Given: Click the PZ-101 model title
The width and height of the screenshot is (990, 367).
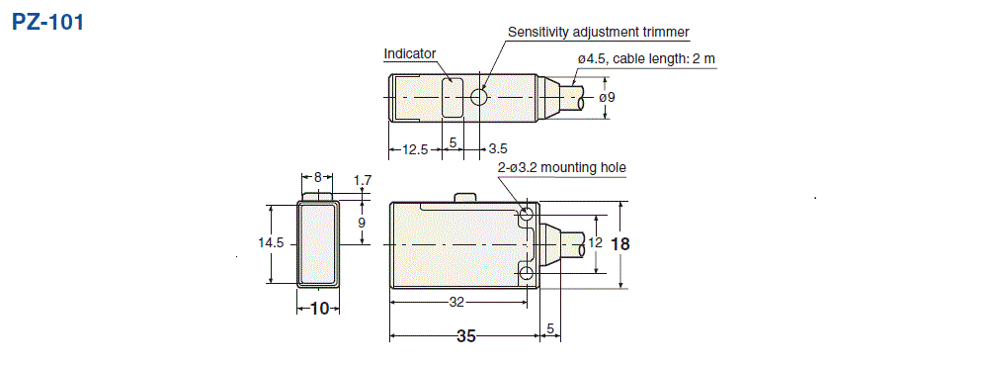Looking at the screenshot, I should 48,22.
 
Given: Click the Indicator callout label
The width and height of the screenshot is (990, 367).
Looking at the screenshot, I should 409,53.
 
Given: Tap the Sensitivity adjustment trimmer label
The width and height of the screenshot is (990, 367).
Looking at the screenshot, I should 598,32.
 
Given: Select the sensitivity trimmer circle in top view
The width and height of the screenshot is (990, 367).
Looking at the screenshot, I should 479,98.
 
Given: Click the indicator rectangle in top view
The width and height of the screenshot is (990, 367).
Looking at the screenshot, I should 453,97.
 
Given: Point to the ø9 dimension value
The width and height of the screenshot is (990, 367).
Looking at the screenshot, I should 608,97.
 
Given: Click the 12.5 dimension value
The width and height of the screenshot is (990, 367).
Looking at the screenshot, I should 415,149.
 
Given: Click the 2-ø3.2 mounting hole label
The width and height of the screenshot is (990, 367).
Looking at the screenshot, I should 561,167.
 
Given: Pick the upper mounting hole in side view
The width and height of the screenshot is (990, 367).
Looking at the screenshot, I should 527,215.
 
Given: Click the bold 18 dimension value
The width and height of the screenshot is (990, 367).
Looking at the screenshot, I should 620,243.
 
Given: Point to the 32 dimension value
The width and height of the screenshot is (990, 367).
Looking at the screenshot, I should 456,301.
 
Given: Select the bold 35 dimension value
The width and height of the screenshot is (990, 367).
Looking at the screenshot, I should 465,336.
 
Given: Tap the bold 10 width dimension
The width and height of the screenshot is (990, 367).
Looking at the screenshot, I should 318,309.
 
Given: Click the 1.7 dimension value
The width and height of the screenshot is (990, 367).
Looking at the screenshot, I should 362,180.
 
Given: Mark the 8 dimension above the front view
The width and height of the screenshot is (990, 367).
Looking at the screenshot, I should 317,177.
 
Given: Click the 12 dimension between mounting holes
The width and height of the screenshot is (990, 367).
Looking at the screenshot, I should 594,242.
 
